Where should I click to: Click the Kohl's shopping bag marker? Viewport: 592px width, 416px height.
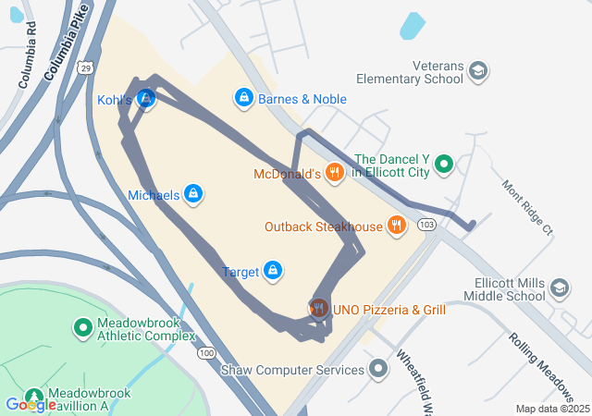point(145,99)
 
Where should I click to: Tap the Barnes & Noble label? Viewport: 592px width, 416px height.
point(302,99)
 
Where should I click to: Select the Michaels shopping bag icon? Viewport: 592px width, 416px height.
point(193,195)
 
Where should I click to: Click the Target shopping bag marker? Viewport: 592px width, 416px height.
point(273,271)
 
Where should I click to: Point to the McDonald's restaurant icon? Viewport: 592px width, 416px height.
point(334,173)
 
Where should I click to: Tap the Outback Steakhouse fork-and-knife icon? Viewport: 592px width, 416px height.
point(397,226)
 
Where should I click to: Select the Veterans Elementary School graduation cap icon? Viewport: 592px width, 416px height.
point(478,71)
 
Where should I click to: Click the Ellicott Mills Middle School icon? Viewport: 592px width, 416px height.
point(559,288)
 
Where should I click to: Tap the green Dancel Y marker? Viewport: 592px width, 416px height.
point(444,165)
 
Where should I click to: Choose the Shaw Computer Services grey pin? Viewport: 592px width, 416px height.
point(377,370)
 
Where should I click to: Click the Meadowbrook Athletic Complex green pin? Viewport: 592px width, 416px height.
point(82,327)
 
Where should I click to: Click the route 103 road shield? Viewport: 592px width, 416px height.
point(426,225)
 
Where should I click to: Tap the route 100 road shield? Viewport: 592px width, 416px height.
point(206,352)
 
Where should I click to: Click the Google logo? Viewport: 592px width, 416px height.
point(30,404)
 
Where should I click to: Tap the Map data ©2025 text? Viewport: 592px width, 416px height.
point(551,409)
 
